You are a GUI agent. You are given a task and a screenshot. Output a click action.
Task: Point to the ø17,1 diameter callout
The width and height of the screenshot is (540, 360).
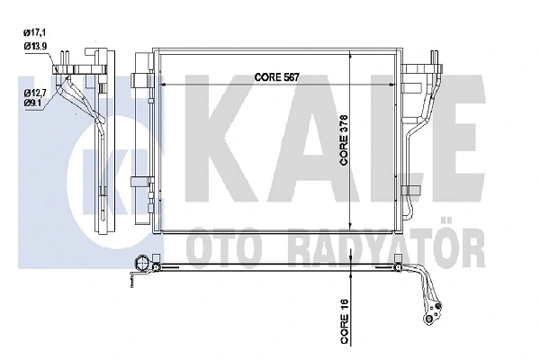click(x=37, y=33)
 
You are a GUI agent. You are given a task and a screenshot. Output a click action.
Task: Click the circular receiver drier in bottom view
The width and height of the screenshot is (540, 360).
click(x=143, y=264)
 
